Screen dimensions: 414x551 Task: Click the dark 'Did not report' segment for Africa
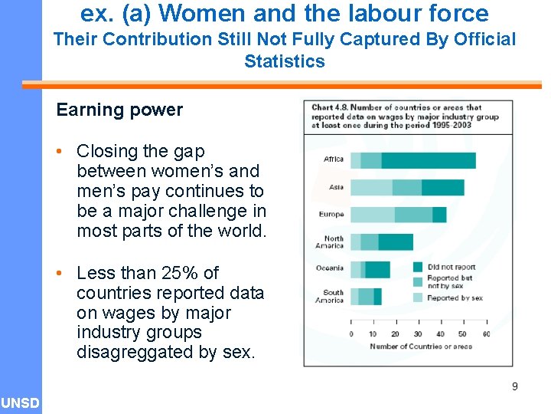coord(429,160)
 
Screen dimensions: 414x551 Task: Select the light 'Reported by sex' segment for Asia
coord(371,188)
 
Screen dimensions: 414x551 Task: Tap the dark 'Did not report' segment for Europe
coord(439,215)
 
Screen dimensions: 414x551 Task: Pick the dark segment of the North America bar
coord(396,242)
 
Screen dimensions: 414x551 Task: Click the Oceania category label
coord(330,268)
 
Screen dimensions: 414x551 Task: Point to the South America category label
coord(333,296)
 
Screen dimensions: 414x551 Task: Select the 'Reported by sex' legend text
coord(455,297)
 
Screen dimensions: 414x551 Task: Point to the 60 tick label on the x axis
coord(486,334)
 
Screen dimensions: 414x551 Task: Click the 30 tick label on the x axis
coord(418,334)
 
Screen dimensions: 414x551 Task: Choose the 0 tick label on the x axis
coord(351,334)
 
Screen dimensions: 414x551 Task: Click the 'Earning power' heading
coord(119,110)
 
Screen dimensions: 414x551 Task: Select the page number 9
coord(515,386)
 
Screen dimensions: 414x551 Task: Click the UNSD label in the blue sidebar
coord(20,403)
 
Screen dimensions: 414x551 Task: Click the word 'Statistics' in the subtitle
coord(285,61)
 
